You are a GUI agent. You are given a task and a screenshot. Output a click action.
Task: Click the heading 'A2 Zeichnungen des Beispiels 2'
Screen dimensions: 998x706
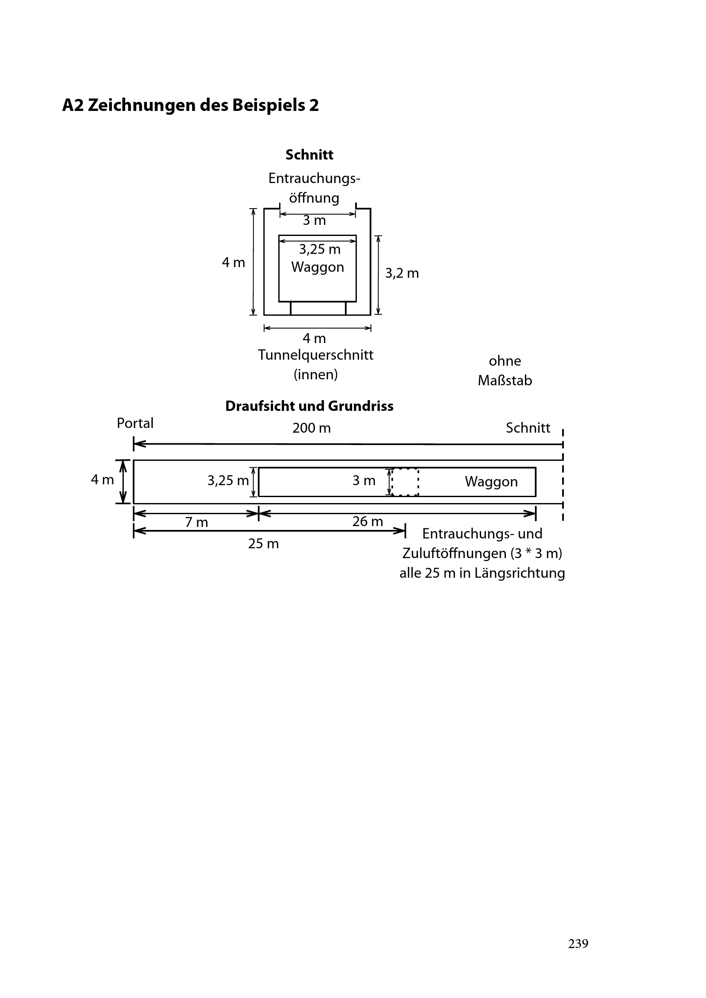(190, 105)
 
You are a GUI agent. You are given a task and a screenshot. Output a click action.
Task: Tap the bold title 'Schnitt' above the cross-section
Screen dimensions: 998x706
(309, 155)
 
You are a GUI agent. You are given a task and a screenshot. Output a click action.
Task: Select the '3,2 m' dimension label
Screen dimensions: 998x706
(402, 274)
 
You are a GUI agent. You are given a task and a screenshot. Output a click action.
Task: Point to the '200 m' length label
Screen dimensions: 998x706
(311, 428)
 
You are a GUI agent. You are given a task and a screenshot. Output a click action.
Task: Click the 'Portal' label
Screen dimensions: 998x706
(135, 423)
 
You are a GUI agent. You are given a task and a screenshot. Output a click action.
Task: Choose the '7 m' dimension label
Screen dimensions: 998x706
(196, 522)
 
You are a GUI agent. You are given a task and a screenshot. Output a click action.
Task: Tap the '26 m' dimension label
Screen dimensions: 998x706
(368, 521)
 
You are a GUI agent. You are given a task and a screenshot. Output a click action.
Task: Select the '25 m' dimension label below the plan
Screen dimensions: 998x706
(263, 544)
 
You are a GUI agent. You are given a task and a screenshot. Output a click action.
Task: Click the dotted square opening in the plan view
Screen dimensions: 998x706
(405, 482)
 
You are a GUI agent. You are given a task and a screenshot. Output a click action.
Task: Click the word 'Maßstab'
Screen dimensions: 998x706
(505, 381)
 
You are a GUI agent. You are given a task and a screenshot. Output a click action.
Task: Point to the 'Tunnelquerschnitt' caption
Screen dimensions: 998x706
(315, 355)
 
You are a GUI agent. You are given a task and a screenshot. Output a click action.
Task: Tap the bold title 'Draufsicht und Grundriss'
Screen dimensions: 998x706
(309, 406)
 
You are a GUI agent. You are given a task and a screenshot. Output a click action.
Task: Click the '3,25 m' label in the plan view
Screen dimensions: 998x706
(228, 481)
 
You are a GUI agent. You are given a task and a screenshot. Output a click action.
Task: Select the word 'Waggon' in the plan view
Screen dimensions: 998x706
(491, 482)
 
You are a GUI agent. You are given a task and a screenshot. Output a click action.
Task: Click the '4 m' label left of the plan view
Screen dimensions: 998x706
(102, 480)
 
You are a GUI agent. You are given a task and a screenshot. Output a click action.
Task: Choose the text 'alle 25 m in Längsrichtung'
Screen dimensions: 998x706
(482, 573)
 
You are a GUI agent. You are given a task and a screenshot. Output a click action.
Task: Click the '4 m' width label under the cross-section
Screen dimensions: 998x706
(314, 338)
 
